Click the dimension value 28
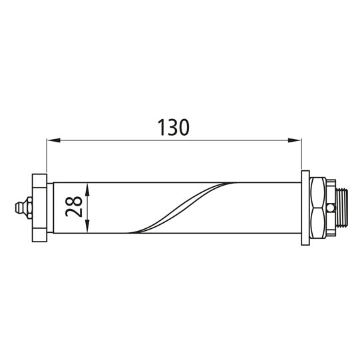click(74, 207)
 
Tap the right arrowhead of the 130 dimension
click(296, 140)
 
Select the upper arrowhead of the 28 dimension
click(89, 187)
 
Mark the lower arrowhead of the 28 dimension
click(89, 228)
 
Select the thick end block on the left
click(38, 207)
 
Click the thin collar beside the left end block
click(48, 207)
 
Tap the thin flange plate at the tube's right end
click(305, 207)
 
